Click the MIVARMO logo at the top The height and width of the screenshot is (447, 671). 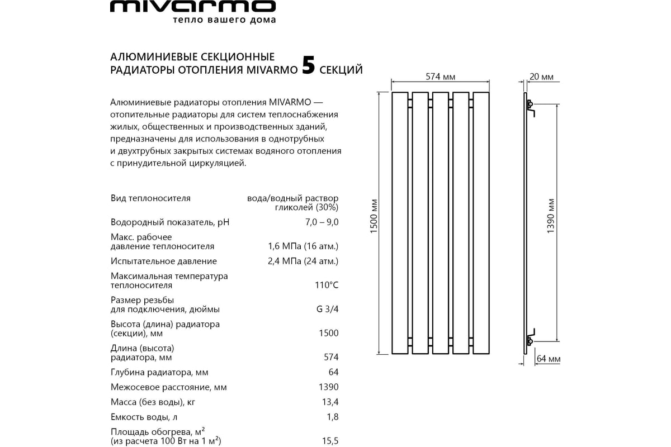pyautogui.click(x=192, y=7)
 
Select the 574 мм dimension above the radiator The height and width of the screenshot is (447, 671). pyautogui.click(x=441, y=77)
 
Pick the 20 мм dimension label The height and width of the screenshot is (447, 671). pyautogui.click(x=541, y=77)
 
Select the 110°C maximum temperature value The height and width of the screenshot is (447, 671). pyautogui.click(x=327, y=286)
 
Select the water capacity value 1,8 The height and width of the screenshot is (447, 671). pyautogui.click(x=332, y=417)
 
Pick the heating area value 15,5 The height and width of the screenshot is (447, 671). pyautogui.click(x=329, y=441)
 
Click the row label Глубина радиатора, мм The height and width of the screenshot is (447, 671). pyautogui.click(x=160, y=373)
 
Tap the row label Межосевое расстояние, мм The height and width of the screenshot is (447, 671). pyautogui.click(x=169, y=387)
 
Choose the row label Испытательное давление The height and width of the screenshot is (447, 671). pyautogui.click(x=164, y=261)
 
